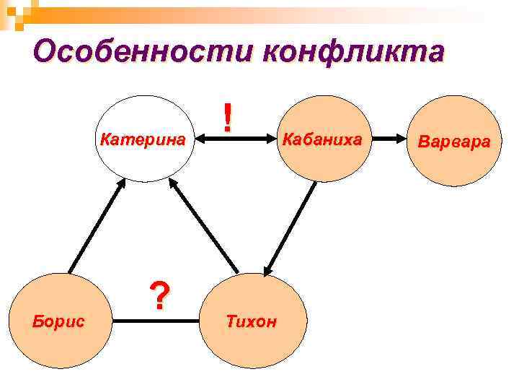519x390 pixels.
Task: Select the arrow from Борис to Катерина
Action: coord(94,227)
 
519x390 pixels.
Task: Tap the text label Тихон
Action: coord(252,321)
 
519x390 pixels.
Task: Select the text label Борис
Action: coord(58,321)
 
